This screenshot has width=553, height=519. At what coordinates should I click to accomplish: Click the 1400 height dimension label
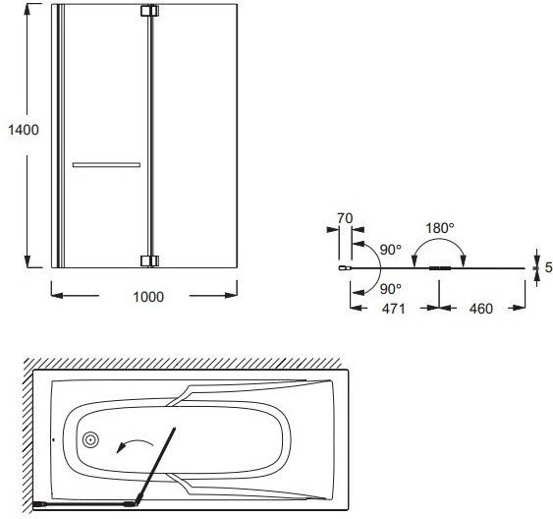click(x=24, y=130)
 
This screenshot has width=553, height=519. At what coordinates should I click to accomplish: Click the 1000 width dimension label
click(x=148, y=297)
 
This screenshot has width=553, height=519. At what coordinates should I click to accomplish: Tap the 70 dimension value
click(x=345, y=219)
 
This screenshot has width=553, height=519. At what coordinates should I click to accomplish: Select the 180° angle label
click(x=439, y=228)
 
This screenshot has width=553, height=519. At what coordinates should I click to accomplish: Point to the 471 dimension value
click(x=394, y=309)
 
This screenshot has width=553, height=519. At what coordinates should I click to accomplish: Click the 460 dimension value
click(x=480, y=309)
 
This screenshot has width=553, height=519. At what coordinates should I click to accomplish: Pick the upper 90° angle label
click(x=391, y=250)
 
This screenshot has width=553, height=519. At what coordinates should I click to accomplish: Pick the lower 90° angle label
click(x=391, y=289)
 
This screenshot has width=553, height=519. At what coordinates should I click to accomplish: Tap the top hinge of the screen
click(x=149, y=11)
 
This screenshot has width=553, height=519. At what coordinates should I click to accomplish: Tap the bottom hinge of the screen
click(x=149, y=261)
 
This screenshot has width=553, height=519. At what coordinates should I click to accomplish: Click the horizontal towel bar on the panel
click(x=106, y=165)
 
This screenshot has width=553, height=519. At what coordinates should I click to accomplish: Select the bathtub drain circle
click(x=90, y=439)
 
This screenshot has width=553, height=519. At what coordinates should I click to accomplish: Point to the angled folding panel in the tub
click(x=156, y=467)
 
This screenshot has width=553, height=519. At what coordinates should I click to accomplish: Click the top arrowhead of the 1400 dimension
click(x=27, y=11)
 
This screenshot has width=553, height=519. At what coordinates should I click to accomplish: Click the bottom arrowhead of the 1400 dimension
click(x=28, y=261)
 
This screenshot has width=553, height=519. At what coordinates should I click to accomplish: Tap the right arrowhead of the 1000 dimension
click(x=231, y=295)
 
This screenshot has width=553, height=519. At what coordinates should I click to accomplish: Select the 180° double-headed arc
click(x=439, y=240)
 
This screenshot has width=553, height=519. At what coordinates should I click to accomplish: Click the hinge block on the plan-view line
click(x=440, y=268)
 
